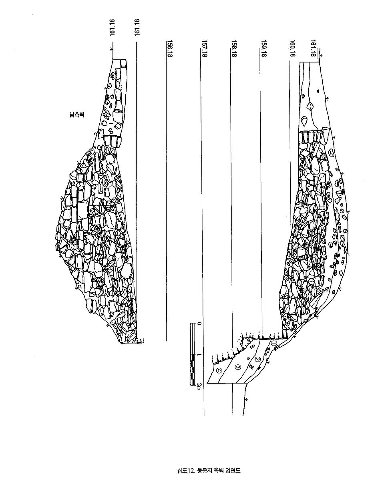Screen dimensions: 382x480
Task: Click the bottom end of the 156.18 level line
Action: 166,340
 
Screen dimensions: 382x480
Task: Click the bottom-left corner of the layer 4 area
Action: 207,383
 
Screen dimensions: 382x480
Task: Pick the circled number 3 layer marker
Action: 237,367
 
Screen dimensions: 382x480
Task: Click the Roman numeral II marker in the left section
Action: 123,66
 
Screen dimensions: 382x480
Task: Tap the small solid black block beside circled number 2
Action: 259,368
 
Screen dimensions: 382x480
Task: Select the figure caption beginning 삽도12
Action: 209,470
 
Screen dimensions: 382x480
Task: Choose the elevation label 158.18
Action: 234,48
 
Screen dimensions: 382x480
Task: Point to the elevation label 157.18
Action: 205,48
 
